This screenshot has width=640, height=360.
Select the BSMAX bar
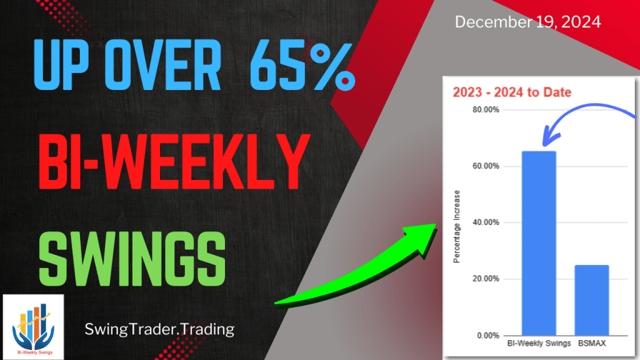591,300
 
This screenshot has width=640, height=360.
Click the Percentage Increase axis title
457,226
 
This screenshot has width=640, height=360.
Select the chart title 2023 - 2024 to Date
512,92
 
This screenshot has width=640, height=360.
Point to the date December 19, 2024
527,22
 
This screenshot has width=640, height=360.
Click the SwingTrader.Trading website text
159,329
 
